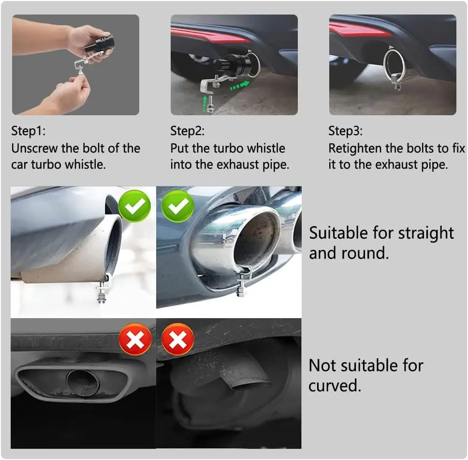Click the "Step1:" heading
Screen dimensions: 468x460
click(x=29, y=131)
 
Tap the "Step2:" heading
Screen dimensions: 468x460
click(x=188, y=131)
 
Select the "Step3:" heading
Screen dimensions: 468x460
click(x=346, y=131)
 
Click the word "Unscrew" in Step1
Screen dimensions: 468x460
click(x=35, y=148)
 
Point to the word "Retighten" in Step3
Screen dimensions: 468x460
click(x=355, y=149)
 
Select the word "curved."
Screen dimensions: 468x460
click(x=335, y=385)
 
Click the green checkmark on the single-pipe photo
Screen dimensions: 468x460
click(x=134, y=206)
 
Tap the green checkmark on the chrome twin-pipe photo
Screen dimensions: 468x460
click(x=178, y=206)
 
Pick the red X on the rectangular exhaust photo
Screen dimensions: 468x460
click(x=135, y=339)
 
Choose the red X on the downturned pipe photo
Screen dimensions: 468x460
click(x=178, y=339)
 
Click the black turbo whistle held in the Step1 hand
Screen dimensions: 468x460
click(x=100, y=44)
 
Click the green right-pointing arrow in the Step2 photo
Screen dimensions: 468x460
click(x=240, y=86)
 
